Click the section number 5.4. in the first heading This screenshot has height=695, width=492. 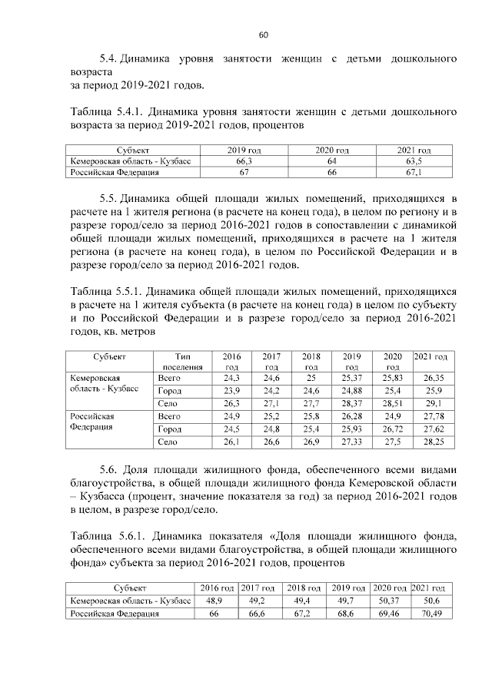(112, 58)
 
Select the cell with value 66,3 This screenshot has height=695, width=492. (248, 162)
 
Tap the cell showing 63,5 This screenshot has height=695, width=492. (413, 162)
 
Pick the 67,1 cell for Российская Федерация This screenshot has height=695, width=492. (413, 174)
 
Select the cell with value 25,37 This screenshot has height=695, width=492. (352, 379)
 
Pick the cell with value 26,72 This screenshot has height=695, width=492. (393, 429)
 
